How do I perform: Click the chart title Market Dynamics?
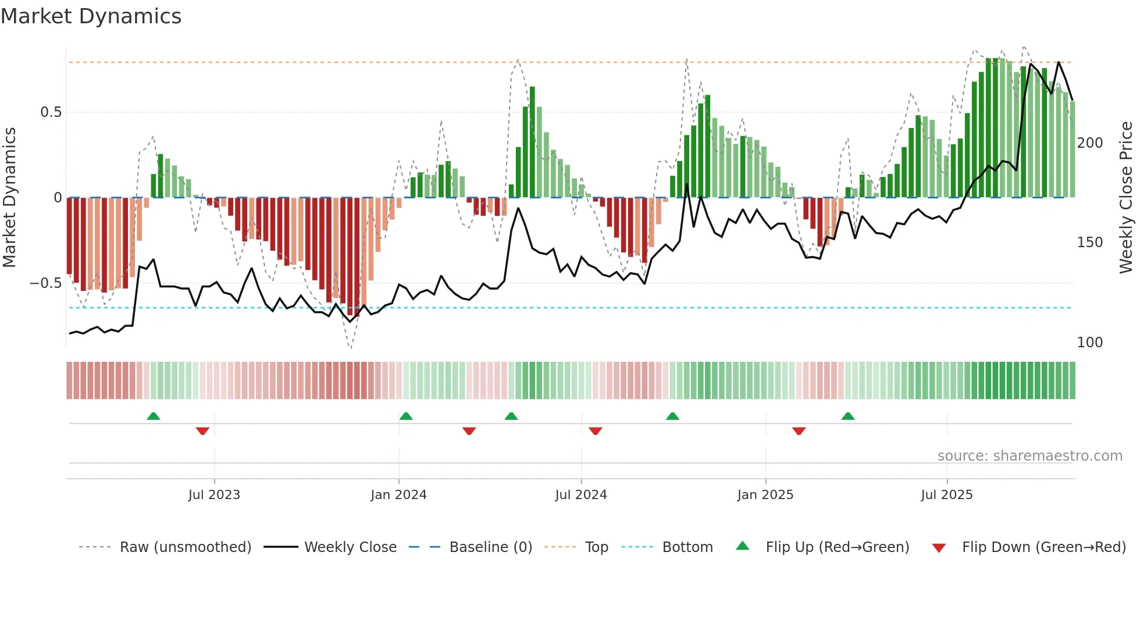pos(91,16)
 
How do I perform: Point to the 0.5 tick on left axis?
pos(51,112)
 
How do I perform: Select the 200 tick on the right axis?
pos(1089,143)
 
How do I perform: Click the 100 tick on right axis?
pos(1089,343)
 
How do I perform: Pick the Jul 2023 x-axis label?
pos(214,495)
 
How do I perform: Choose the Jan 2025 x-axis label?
pos(765,495)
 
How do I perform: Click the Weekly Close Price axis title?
pos(1126,198)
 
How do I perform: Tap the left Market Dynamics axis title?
pos(10,198)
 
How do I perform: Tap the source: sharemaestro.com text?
pos(1029,456)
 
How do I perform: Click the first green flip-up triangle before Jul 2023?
pos(154,416)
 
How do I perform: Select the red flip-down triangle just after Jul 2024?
pos(595,431)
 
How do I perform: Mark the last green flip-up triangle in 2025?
pos(848,416)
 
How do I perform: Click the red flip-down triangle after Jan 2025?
pos(799,431)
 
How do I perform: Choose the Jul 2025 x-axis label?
pos(946,495)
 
